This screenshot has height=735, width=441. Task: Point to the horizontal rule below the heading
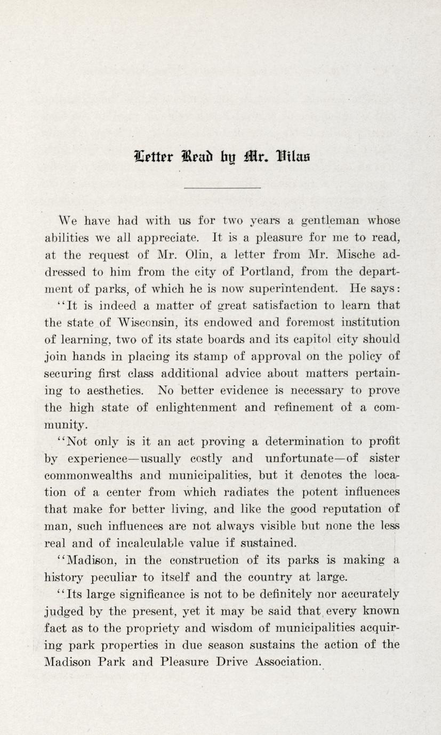[222, 187]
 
